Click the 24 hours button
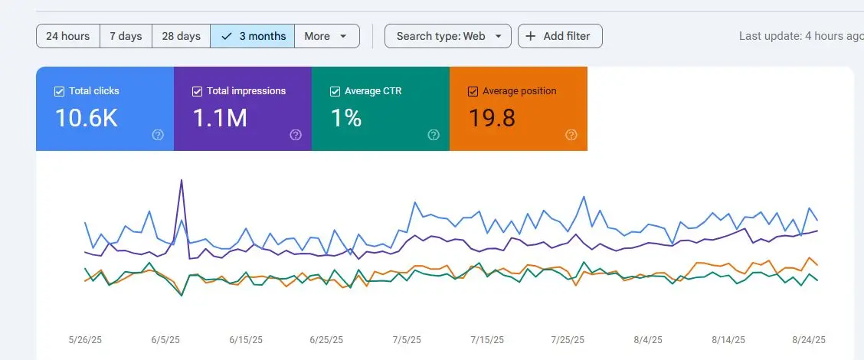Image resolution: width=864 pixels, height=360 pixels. (67, 36)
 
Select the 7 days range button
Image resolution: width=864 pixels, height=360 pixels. (126, 36)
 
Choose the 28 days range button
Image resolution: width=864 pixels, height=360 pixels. (181, 36)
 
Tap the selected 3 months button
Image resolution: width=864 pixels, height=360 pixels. (253, 36)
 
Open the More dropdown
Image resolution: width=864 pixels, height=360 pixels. (326, 36)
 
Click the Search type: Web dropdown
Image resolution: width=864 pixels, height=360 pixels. (447, 36)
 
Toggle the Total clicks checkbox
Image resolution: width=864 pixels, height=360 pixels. (59, 91)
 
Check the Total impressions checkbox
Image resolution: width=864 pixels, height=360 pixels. (197, 91)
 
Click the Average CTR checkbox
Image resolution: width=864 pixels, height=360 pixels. (335, 91)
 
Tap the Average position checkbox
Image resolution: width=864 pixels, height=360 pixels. (473, 91)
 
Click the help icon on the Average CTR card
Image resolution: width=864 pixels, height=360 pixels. (434, 135)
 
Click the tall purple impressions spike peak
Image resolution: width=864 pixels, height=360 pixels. (182, 180)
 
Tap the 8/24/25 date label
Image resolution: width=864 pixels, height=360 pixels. (808, 339)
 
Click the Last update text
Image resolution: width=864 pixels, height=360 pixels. (800, 36)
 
